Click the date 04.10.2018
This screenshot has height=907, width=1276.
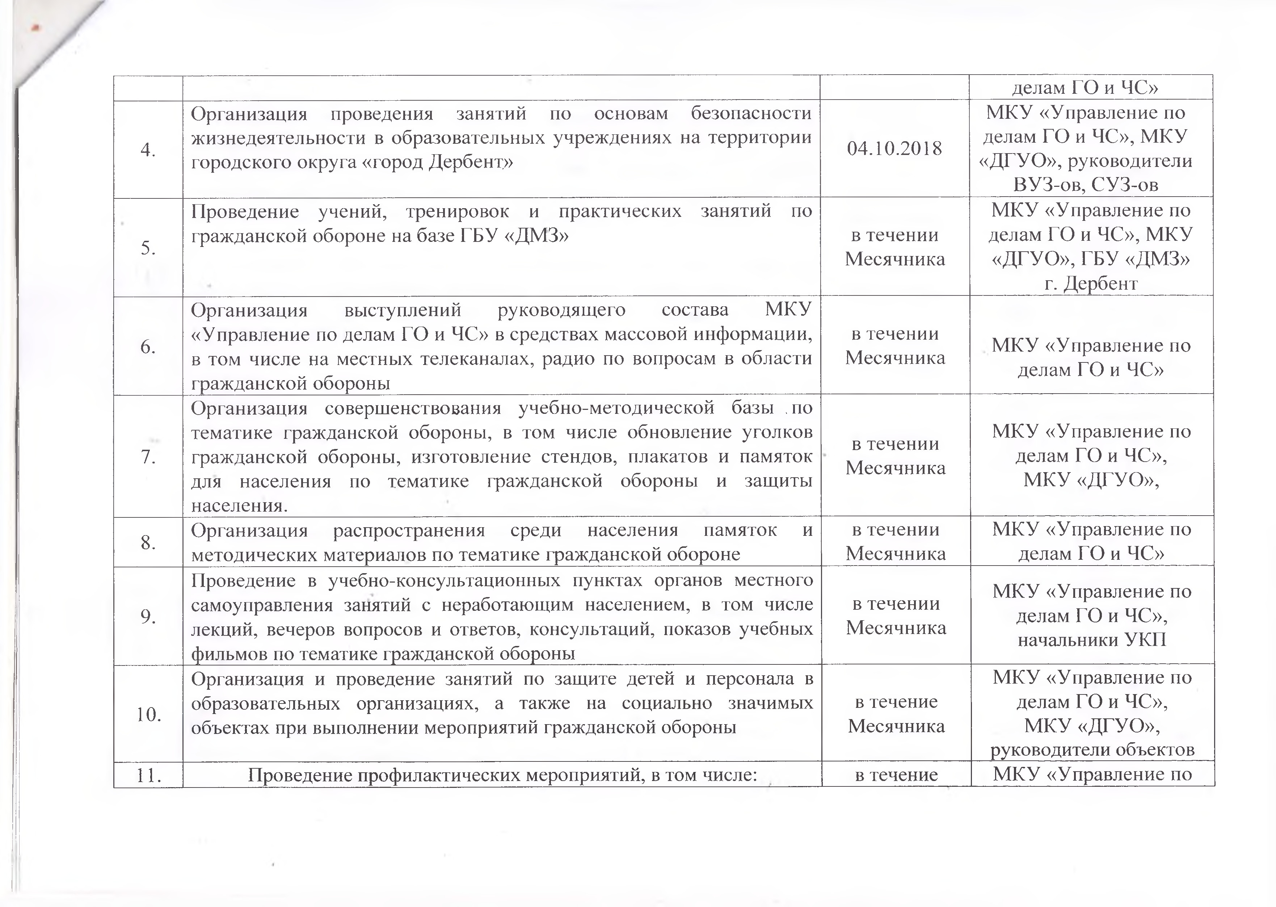(x=894, y=148)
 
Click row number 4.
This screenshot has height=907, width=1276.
(x=147, y=150)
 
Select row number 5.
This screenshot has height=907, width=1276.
(x=147, y=247)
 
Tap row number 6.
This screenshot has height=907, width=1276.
(x=147, y=346)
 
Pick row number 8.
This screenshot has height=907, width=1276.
(x=147, y=542)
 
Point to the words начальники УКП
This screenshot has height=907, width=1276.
(x=1092, y=639)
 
